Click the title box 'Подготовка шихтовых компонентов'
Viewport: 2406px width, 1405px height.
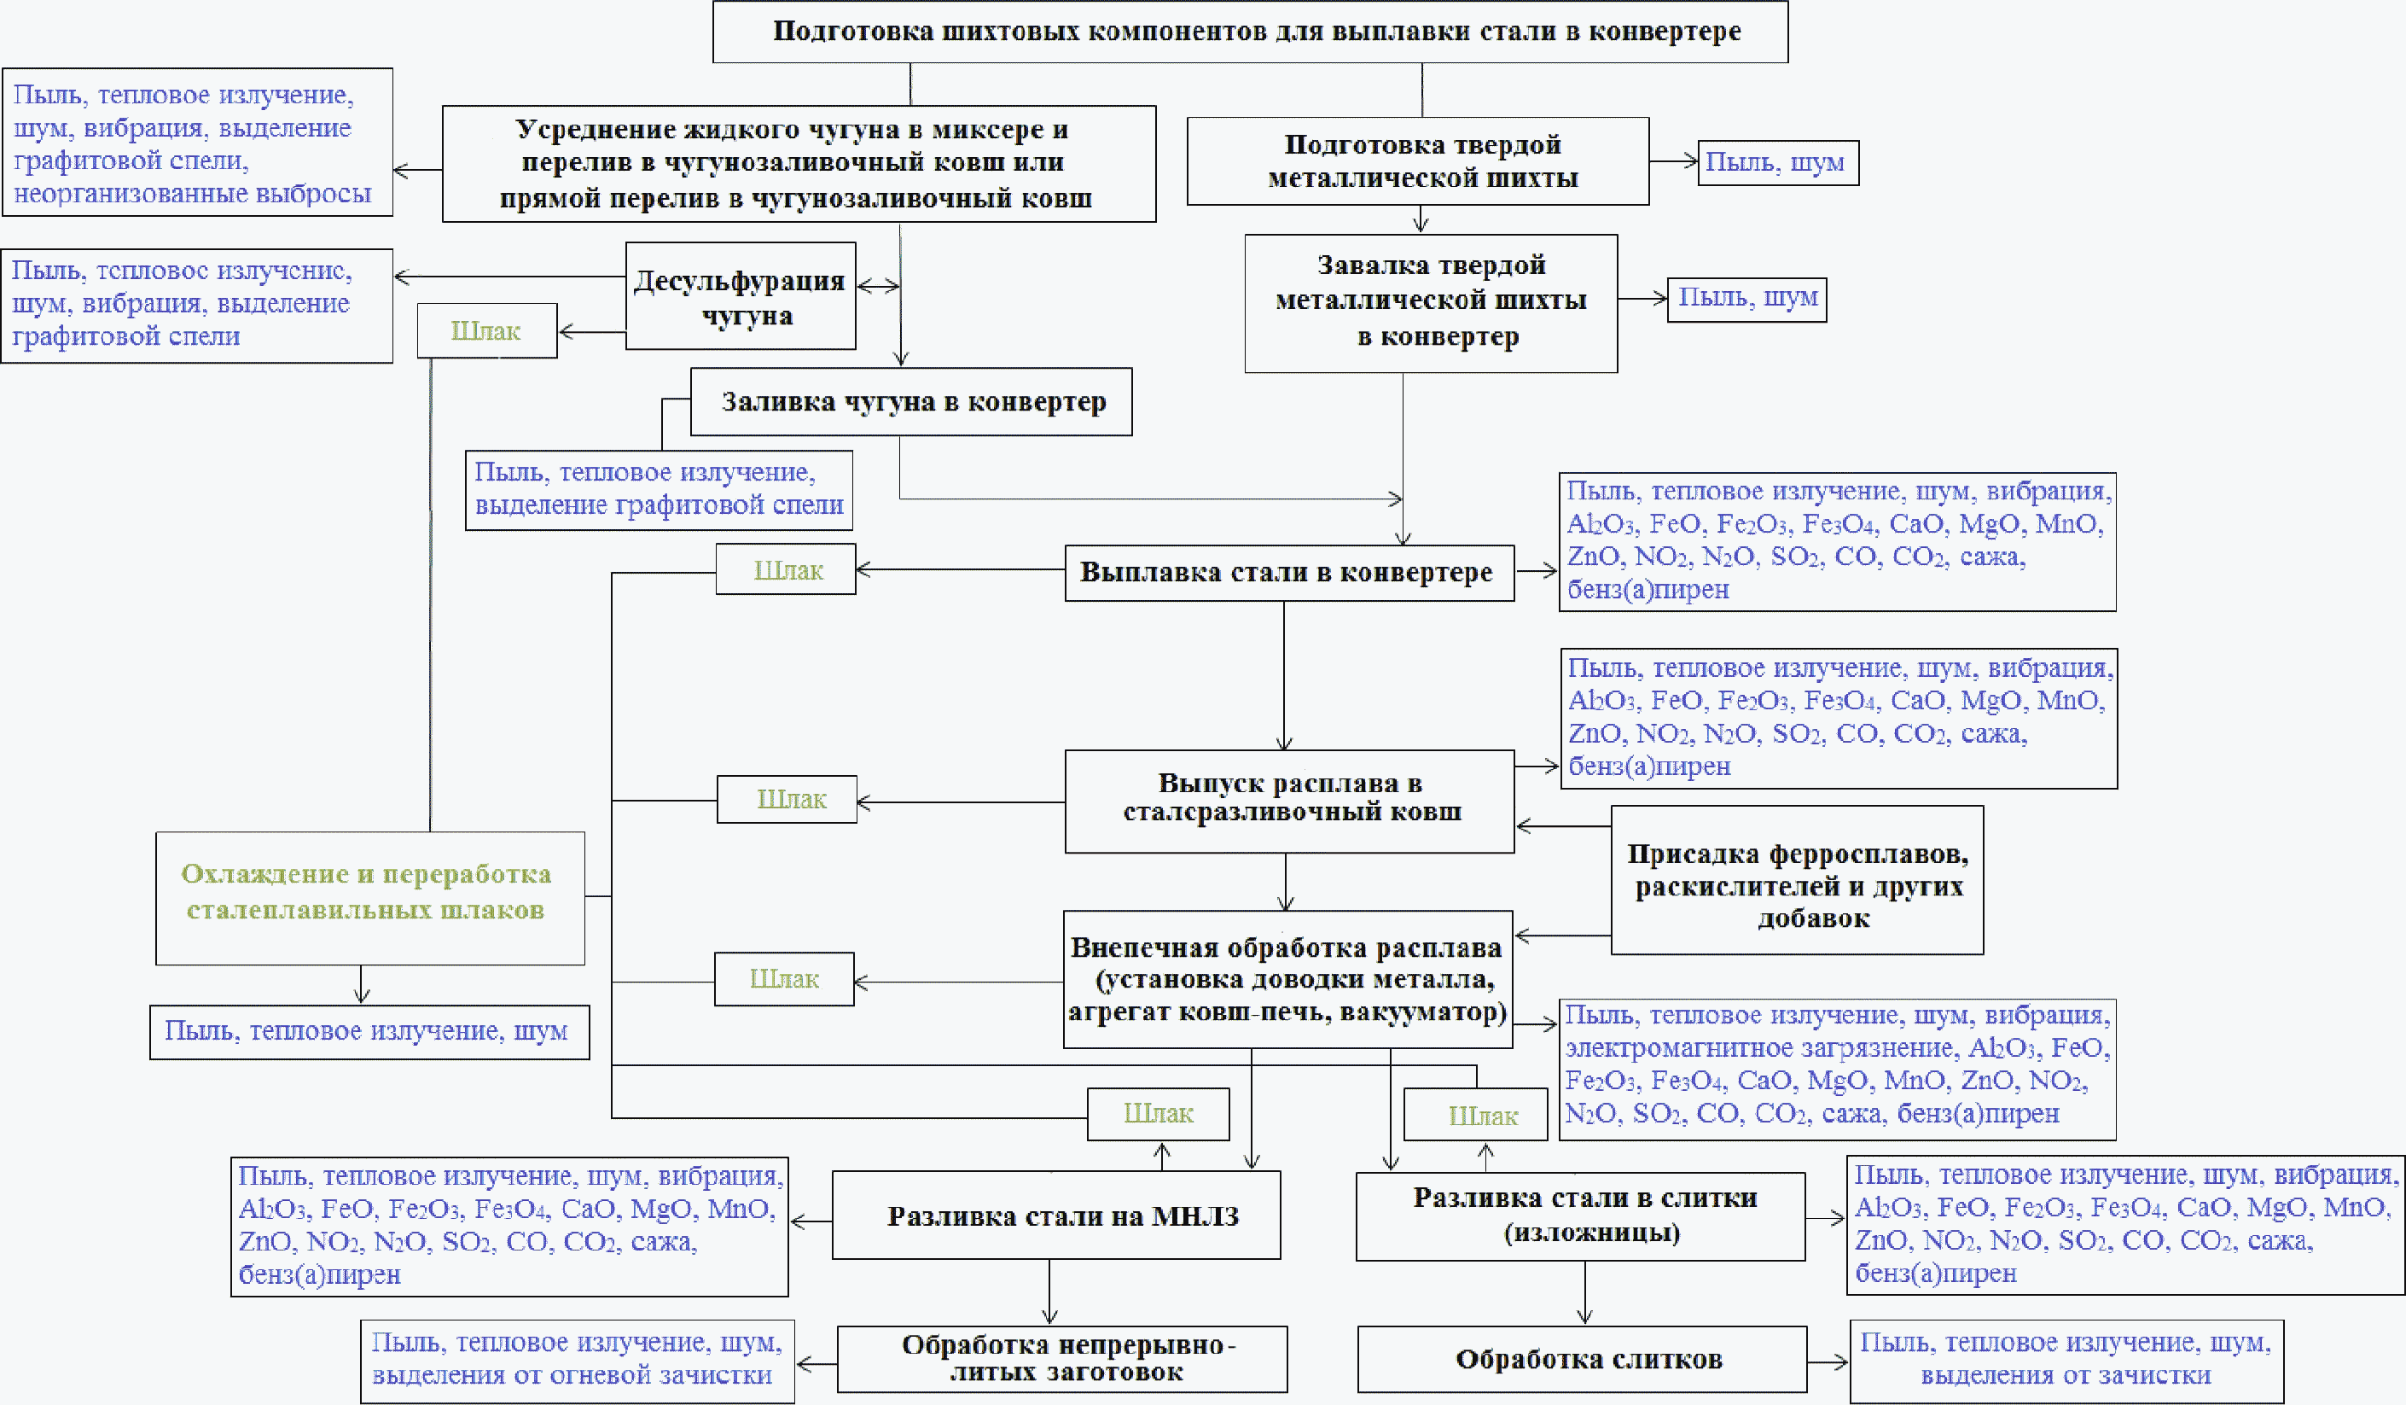pos(1250,32)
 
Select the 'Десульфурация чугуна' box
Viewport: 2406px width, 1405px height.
pos(740,296)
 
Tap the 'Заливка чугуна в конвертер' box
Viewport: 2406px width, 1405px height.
pos(912,402)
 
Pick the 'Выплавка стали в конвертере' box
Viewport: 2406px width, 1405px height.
pos(1289,573)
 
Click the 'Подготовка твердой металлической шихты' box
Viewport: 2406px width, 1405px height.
pos(1418,161)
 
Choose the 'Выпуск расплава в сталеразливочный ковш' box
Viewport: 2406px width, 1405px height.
pos(1289,801)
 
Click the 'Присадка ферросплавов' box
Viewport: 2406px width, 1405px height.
pos(1797,880)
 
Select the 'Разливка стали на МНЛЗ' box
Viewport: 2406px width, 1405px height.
pos(1056,1215)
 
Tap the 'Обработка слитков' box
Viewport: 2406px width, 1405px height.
pos(1582,1359)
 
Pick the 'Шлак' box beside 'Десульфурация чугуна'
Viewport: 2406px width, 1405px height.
pos(487,331)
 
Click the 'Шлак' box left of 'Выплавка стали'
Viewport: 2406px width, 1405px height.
pos(786,570)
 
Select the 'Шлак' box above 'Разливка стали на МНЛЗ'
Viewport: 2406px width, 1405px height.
pos(1158,1114)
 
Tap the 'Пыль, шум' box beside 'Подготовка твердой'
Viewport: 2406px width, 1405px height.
pos(1778,162)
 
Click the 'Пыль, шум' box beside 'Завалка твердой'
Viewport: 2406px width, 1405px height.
pos(1746,299)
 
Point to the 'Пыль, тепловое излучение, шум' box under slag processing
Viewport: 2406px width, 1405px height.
pos(369,1031)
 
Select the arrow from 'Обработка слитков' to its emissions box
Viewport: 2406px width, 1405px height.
pos(1828,1362)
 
